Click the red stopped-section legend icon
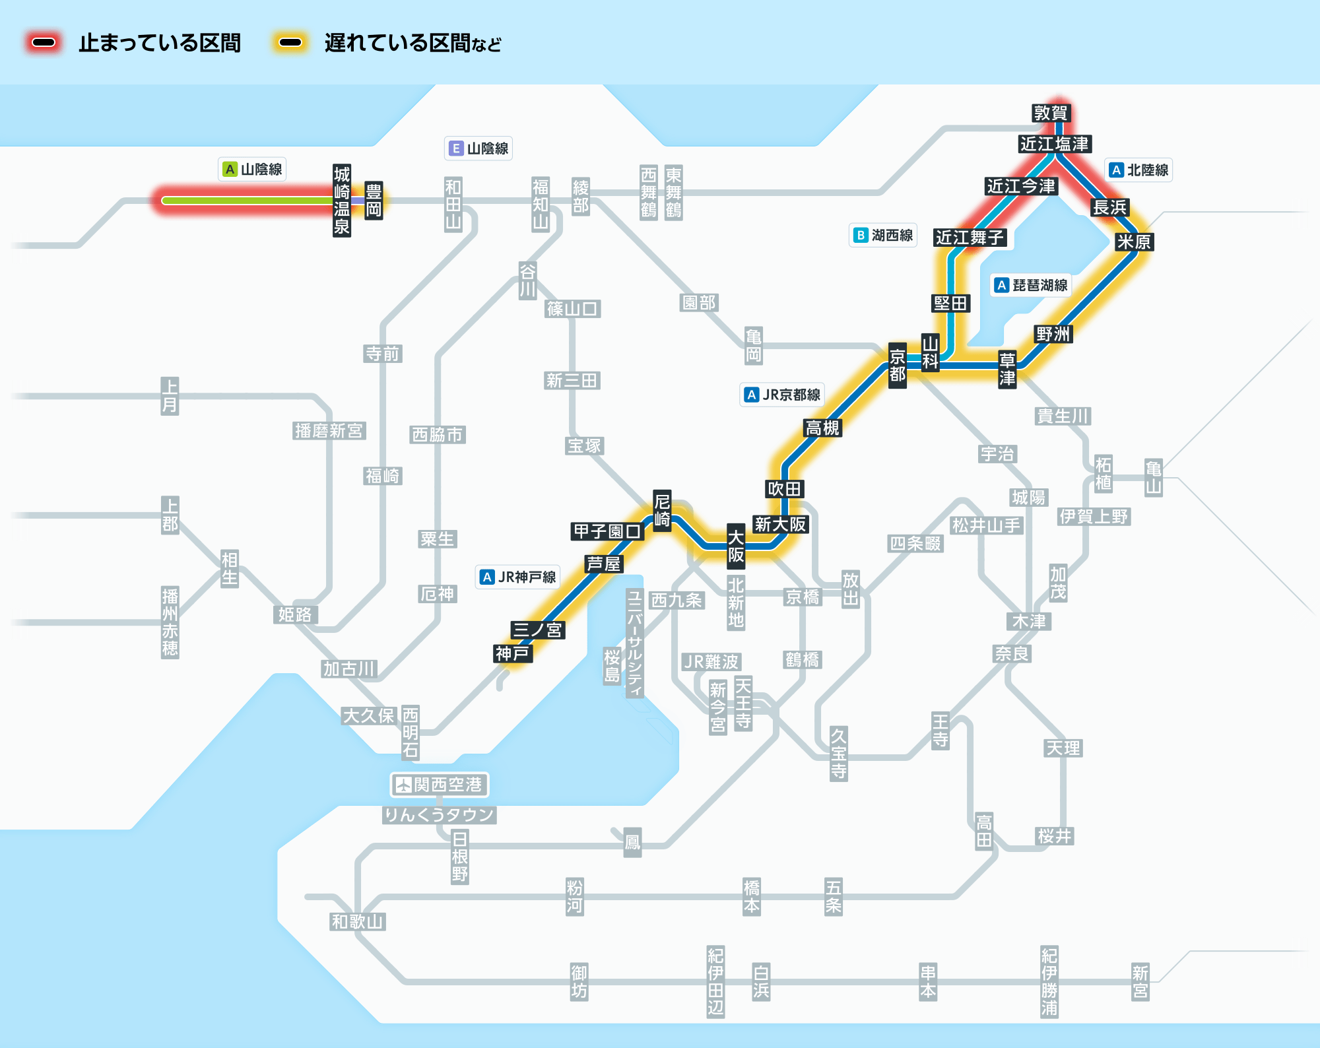click(44, 42)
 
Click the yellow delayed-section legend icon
click(290, 42)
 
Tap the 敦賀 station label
click(1051, 113)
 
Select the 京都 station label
click(898, 366)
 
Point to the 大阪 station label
click(736, 546)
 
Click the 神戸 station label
click(513, 653)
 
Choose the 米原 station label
click(1134, 242)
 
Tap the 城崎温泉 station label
click(342, 200)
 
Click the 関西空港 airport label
click(440, 785)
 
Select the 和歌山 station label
click(358, 921)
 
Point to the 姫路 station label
click(295, 614)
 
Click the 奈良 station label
click(1012, 653)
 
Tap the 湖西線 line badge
click(883, 236)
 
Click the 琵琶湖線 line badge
click(1031, 285)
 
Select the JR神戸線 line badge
click(517, 577)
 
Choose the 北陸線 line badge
click(1138, 170)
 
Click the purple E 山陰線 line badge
click(478, 148)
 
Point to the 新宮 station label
click(1140, 981)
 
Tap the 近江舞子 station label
click(970, 237)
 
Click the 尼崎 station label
click(662, 509)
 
